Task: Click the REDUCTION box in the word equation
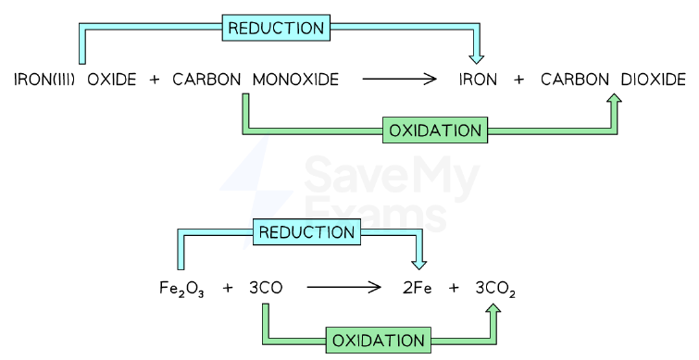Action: click(276, 28)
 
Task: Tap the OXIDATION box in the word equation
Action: click(435, 130)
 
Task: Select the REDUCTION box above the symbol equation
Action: click(306, 231)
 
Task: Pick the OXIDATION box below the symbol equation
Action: click(379, 341)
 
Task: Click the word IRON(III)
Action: click(44, 80)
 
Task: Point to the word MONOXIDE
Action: click(295, 80)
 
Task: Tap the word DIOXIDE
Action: click(653, 80)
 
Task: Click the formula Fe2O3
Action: click(181, 288)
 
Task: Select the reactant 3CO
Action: click(266, 288)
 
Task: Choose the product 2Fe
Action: click(418, 288)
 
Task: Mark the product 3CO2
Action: click(495, 289)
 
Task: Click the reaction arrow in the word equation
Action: click(399, 80)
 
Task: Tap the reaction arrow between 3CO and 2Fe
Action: click(343, 288)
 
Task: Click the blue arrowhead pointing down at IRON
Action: click(477, 59)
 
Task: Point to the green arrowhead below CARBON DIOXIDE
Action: click(615, 98)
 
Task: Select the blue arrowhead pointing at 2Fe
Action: click(418, 265)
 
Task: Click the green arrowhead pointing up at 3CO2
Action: click(493, 309)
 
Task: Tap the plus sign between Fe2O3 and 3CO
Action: click(228, 288)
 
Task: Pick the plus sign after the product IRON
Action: click(518, 80)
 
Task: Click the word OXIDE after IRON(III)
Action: click(111, 80)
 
